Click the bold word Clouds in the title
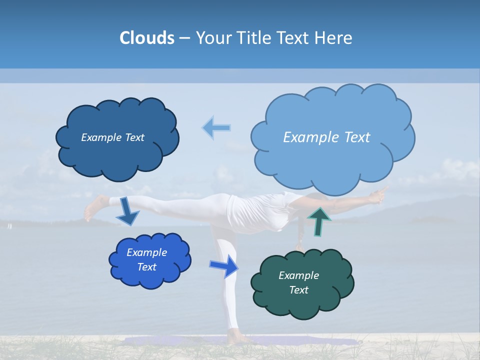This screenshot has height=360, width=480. click(146, 37)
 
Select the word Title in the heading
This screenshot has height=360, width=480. click(254, 37)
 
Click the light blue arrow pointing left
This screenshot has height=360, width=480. click(217, 127)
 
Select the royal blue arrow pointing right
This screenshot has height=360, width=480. click(225, 265)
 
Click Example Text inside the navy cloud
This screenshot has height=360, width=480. click(112, 137)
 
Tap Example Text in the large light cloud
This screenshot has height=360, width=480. click(326, 137)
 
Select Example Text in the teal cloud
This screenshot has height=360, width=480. click(298, 282)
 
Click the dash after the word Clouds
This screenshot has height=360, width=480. click(184, 38)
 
